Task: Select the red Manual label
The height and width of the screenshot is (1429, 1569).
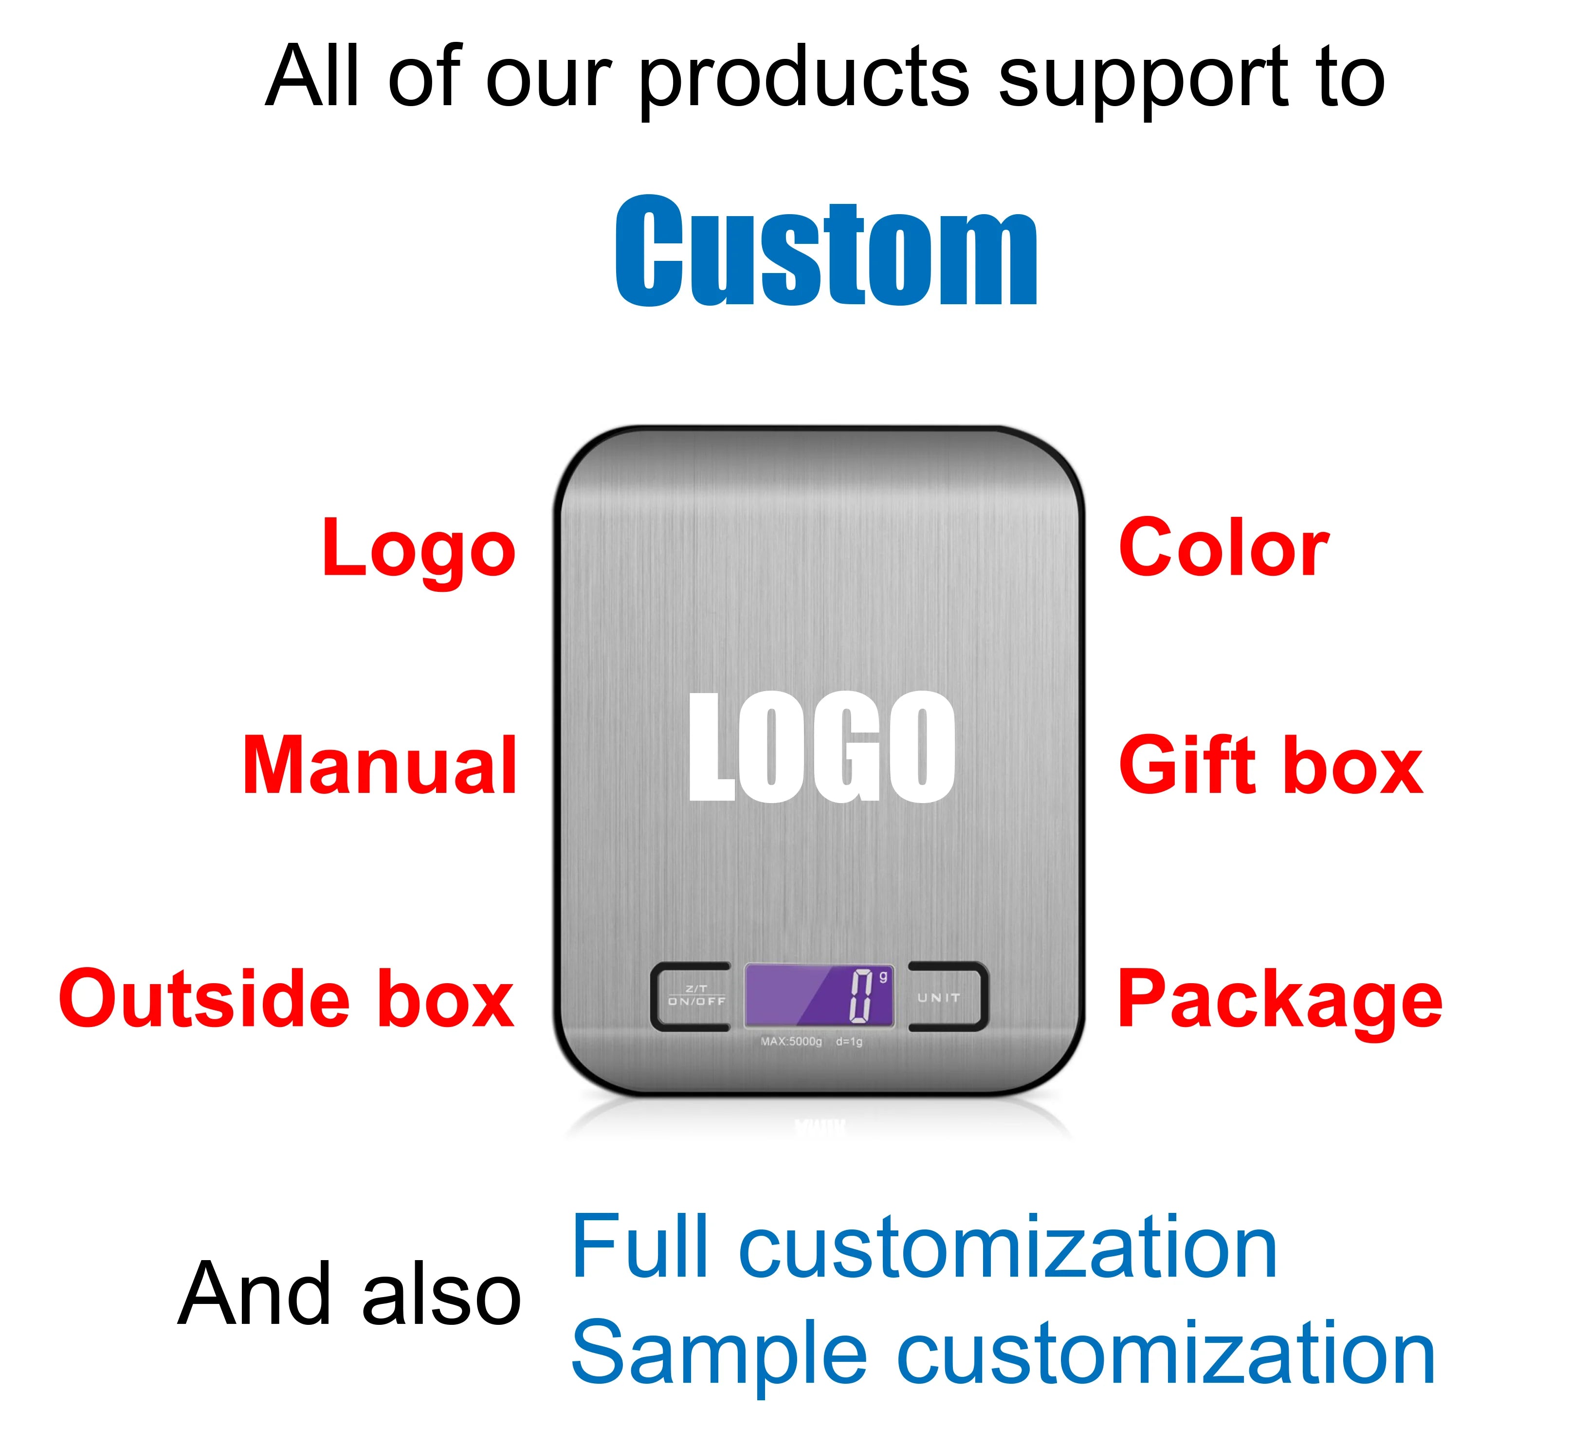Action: click(x=380, y=766)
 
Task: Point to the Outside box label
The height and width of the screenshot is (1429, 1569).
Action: click(x=287, y=999)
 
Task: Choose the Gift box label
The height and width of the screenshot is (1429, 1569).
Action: click(x=1271, y=766)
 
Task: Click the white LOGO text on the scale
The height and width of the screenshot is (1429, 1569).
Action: click(x=822, y=747)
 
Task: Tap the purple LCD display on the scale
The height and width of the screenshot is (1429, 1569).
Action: click(x=819, y=995)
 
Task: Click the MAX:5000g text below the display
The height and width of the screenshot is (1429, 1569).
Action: click(x=791, y=1042)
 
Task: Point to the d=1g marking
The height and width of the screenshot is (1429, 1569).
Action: click(x=849, y=1042)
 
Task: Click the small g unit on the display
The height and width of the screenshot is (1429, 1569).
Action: click(x=883, y=976)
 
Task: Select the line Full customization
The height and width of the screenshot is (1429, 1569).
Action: click(x=924, y=1247)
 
